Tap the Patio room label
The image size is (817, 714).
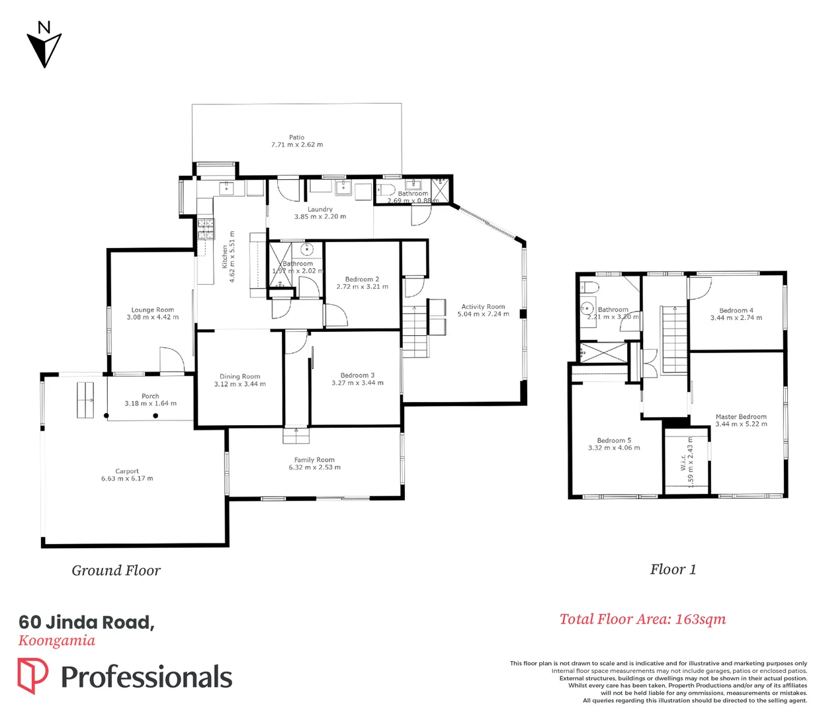coord(296,138)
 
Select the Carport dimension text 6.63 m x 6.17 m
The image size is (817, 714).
coord(127,479)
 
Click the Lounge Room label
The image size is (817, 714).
coord(152,309)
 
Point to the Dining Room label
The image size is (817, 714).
coord(239,376)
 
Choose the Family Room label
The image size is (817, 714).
coord(314,459)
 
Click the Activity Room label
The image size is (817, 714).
coord(483,307)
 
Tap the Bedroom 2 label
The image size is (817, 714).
coord(362,279)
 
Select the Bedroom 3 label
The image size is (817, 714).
coord(357,375)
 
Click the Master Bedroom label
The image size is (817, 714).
coord(741,416)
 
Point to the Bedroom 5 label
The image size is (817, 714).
coord(614,440)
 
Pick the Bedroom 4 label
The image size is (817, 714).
coord(736,310)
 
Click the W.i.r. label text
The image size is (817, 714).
coord(683,462)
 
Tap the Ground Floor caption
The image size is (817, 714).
coord(116,571)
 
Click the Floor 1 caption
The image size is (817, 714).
coord(673,570)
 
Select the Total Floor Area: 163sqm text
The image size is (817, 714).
coord(642,619)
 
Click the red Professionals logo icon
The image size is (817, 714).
coord(32,676)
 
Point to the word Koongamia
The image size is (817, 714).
coord(57,641)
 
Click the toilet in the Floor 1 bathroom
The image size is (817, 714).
coord(590,288)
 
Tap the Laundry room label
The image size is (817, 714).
coord(320,209)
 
